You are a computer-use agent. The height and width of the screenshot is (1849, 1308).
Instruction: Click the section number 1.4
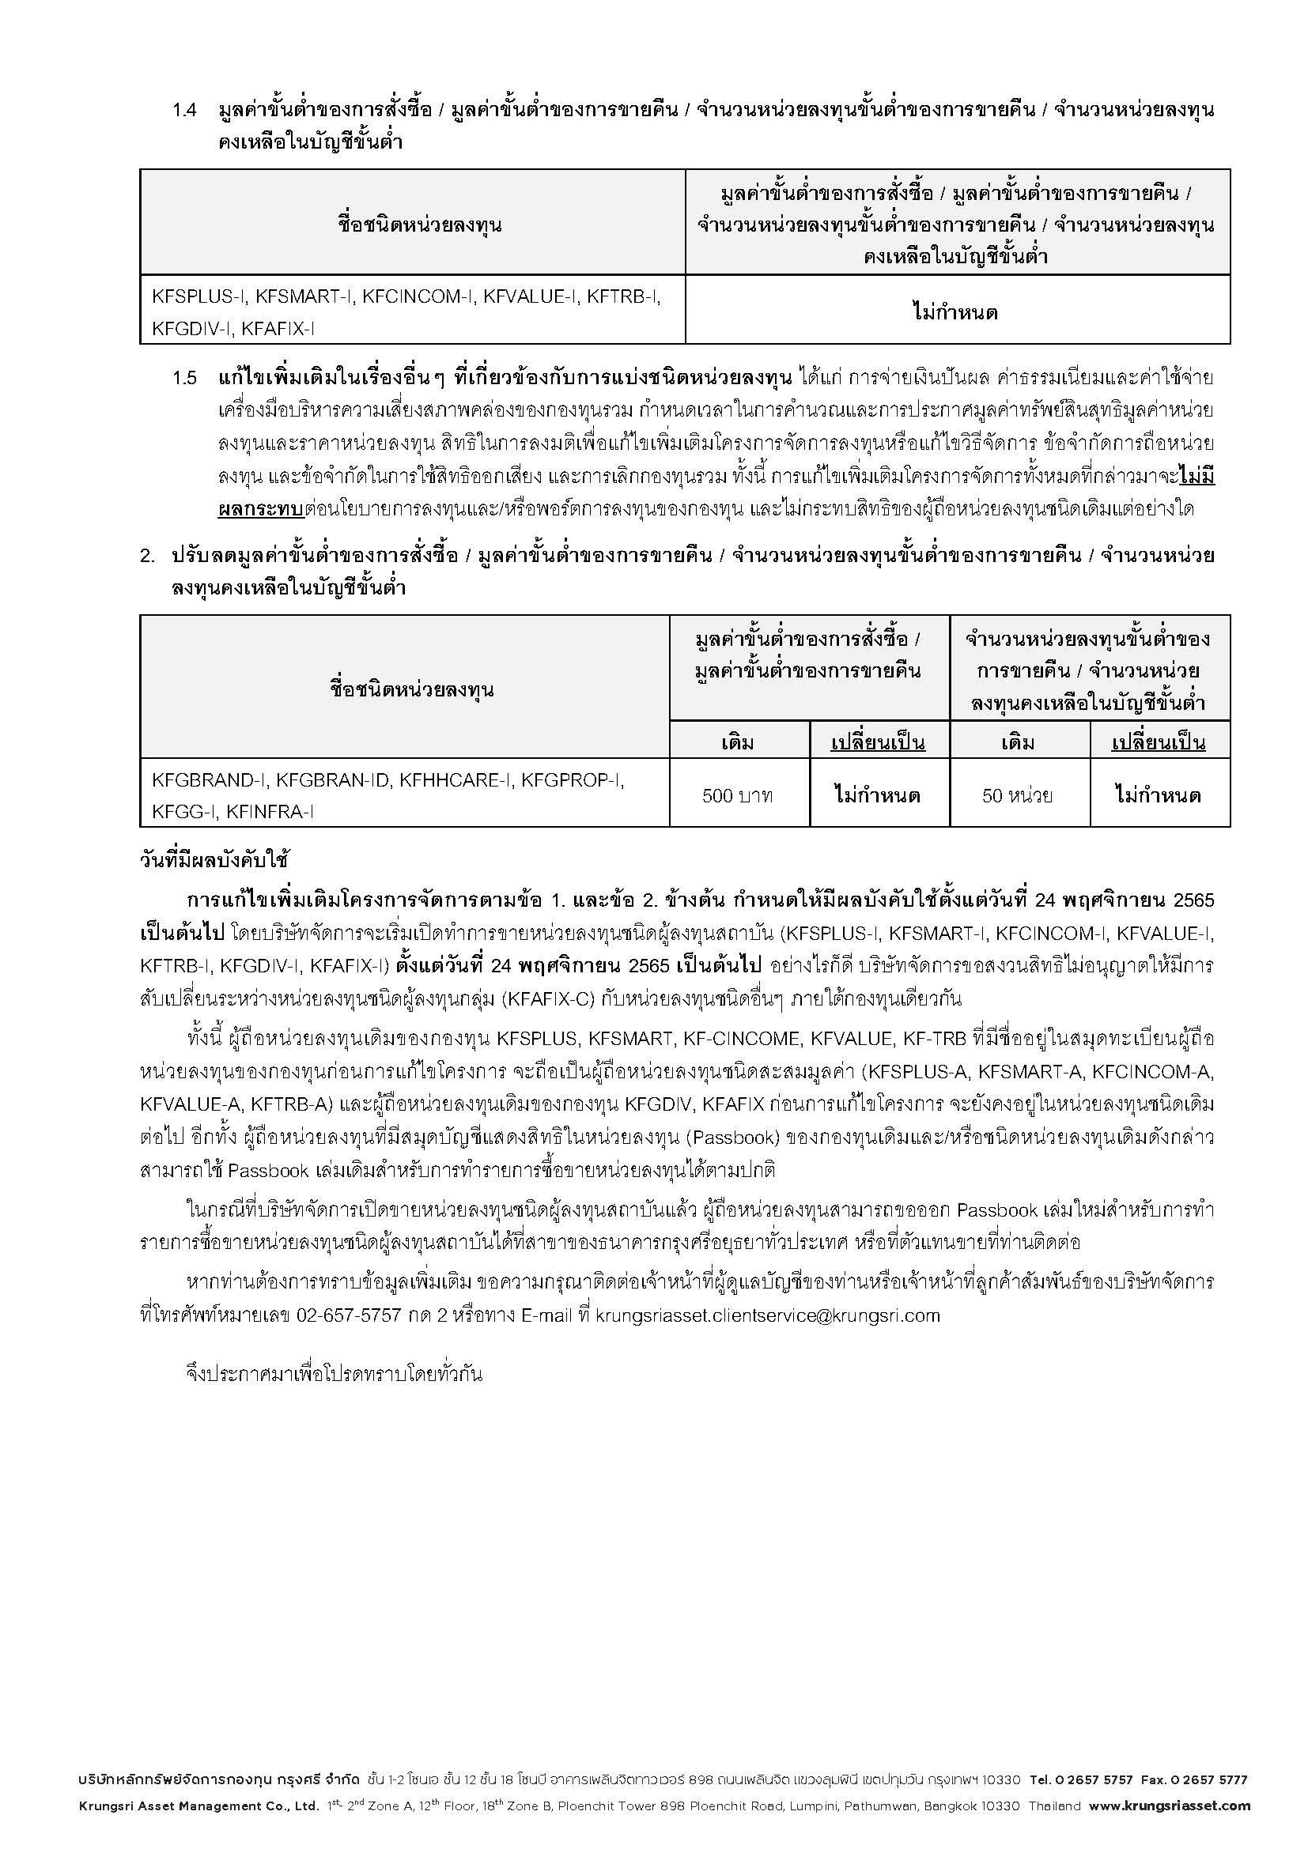(x=184, y=111)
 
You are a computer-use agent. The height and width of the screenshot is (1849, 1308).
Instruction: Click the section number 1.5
(x=184, y=378)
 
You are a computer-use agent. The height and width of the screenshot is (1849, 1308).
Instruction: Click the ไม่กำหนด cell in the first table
(x=956, y=311)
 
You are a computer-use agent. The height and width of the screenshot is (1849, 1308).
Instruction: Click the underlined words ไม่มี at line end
(x=1196, y=477)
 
